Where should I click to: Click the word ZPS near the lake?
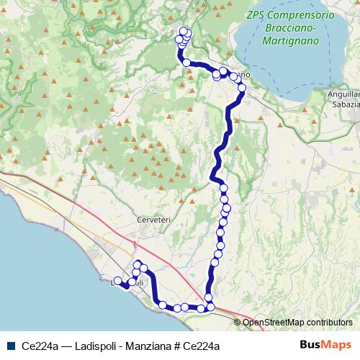click(x=256, y=14)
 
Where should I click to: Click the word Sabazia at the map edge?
click(x=345, y=104)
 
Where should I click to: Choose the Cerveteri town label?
click(x=151, y=220)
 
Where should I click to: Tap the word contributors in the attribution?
click(x=329, y=322)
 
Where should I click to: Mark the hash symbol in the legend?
click(x=176, y=346)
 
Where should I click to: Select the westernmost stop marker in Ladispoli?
click(x=117, y=281)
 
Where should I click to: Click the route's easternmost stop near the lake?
click(x=242, y=89)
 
